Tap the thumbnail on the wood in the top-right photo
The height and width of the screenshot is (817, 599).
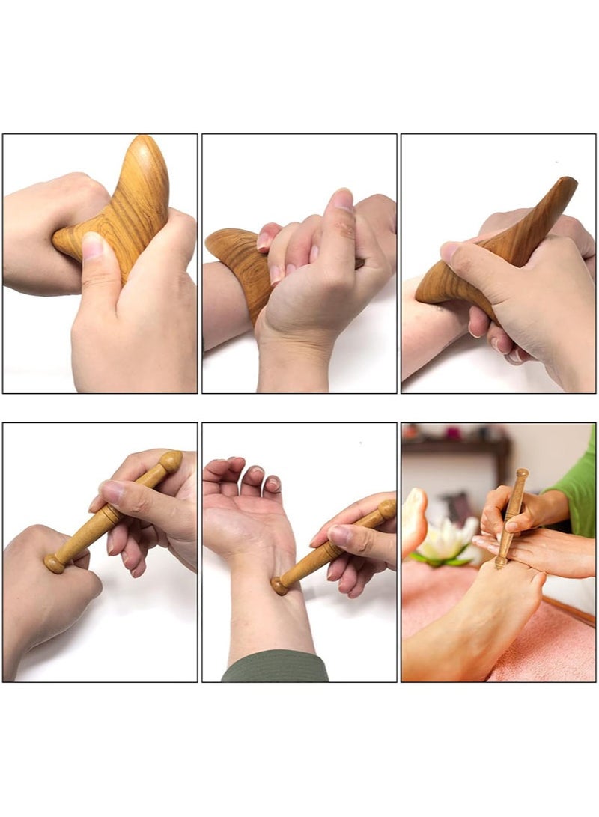(x=450, y=252)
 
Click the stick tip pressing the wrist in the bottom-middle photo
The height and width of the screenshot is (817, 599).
(x=280, y=585)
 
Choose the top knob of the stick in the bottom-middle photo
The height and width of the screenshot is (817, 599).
(x=386, y=509)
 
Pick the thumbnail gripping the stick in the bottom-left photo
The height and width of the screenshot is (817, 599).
(x=112, y=491)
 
